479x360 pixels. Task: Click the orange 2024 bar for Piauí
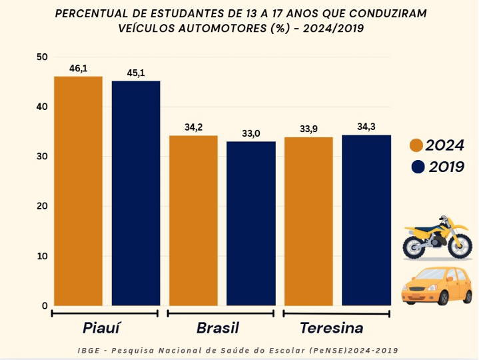[x=78, y=191]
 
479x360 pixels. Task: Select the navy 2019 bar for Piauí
[x=136, y=193]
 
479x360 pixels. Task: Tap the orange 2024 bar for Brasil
[x=193, y=220]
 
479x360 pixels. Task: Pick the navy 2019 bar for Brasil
[x=250, y=223]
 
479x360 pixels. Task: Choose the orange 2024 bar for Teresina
[x=308, y=221]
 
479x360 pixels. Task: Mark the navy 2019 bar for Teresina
[x=365, y=220]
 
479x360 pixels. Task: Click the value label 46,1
[x=79, y=69]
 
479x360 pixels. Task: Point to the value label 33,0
[x=251, y=133]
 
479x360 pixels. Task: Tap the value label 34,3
[x=366, y=127]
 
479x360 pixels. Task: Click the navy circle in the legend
[x=418, y=167]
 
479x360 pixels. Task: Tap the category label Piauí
[x=105, y=328]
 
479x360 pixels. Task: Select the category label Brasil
[x=217, y=328]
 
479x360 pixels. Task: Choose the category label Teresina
[x=331, y=328]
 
